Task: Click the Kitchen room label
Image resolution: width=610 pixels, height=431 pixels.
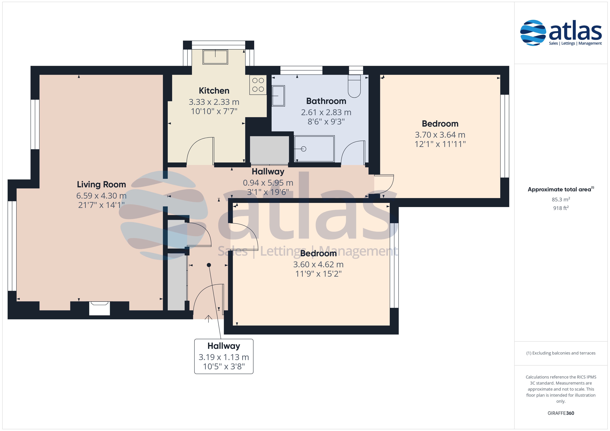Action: click(214, 91)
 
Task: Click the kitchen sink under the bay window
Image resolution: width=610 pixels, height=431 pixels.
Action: click(215, 57)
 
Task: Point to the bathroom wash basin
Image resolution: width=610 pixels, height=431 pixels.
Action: click(278, 96)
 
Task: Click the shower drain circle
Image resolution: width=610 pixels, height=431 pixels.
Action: click(304, 149)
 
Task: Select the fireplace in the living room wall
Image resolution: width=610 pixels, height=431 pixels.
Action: click(99, 308)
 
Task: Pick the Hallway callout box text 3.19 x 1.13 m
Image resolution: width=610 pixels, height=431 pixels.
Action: click(224, 357)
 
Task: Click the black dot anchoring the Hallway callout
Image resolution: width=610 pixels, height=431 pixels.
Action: click(209, 265)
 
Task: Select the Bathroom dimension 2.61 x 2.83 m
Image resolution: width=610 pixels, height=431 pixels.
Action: click(326, 113)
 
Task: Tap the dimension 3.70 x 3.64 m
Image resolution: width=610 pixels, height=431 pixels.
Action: click(440, 135)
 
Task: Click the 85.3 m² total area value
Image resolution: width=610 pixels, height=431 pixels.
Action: click(561, 199)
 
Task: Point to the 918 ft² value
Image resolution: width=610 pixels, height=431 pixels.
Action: click(561, 208)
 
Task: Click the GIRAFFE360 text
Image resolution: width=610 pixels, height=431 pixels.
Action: click(561, 413)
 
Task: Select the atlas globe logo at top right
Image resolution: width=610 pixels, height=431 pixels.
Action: click(533, 33)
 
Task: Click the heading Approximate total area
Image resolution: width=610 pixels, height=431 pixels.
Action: click(560, 189)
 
